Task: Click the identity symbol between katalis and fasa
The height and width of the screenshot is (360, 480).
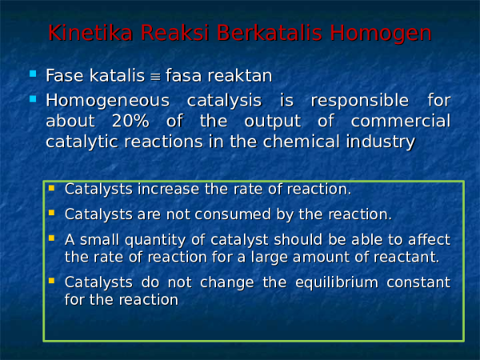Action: click(154, 76)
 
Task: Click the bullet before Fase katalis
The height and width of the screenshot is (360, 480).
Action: click(33, 74)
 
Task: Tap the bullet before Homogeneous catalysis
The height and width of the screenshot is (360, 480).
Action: click(33, 98)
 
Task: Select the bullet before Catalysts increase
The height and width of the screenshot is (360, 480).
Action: click(51, 189)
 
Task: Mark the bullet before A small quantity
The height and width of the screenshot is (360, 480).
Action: click(51, 238)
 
